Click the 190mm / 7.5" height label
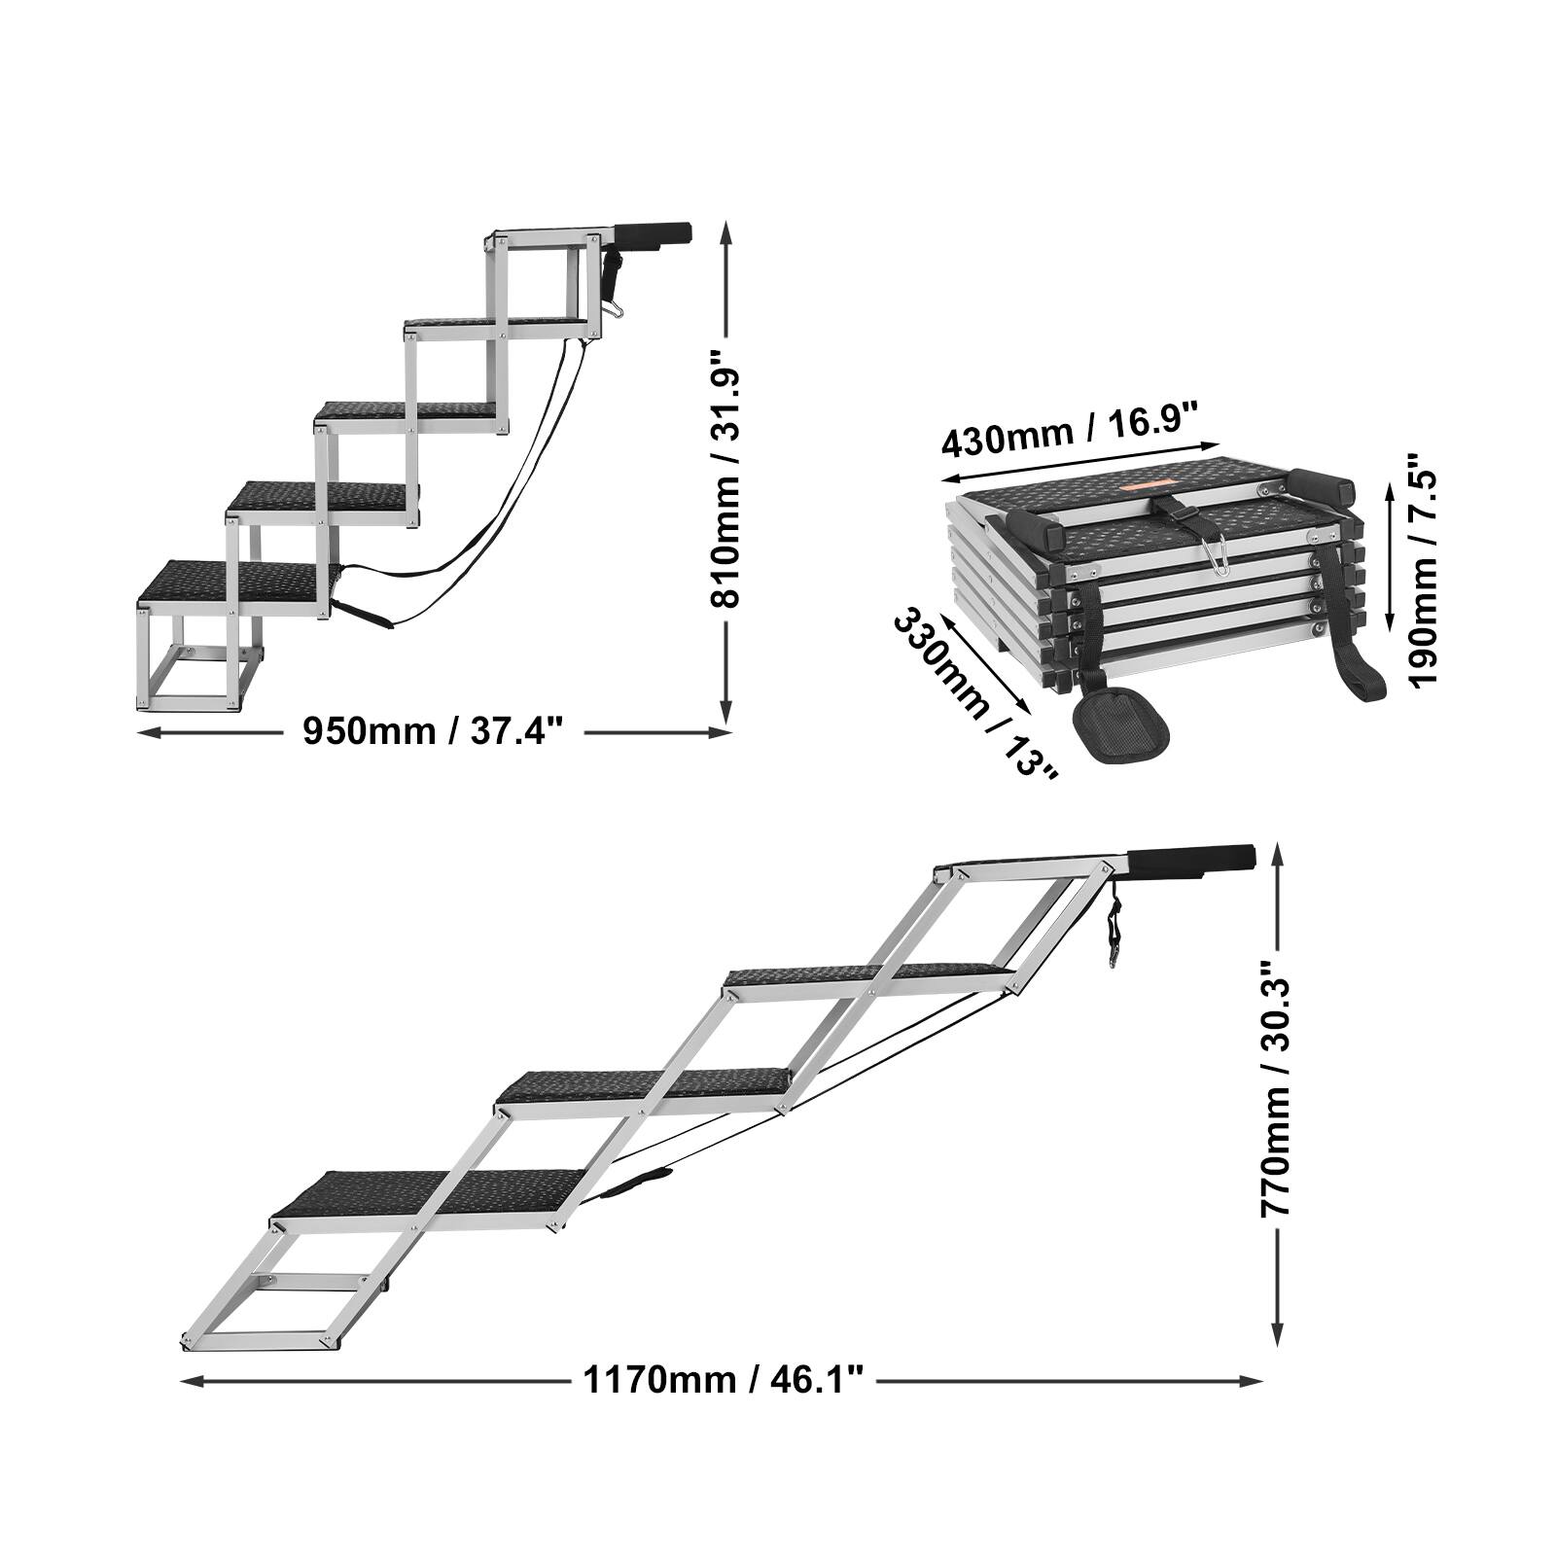(x=1425, y=569)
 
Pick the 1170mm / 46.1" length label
(x=724, y=1379)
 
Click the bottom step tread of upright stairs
(x=231, y=582)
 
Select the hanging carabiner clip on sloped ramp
(x=1113, y=937)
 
